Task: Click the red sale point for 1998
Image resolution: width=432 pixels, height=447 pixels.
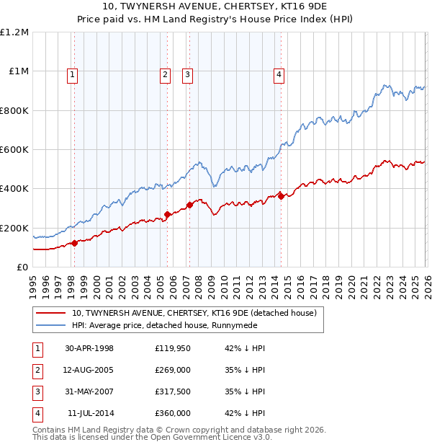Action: point(75,243)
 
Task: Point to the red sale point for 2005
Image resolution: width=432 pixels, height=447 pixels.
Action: point(167,214)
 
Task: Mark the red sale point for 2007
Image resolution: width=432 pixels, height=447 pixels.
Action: point(190,205)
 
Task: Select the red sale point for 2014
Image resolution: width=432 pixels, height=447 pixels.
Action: point(281,196)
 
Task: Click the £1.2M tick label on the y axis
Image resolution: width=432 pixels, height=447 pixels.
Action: point(14,32)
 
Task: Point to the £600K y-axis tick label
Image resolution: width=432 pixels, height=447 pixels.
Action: point(14,150)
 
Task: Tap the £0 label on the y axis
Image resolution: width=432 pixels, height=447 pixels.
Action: point(22,267)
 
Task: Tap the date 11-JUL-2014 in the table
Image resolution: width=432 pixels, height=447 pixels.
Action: point(91,413)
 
